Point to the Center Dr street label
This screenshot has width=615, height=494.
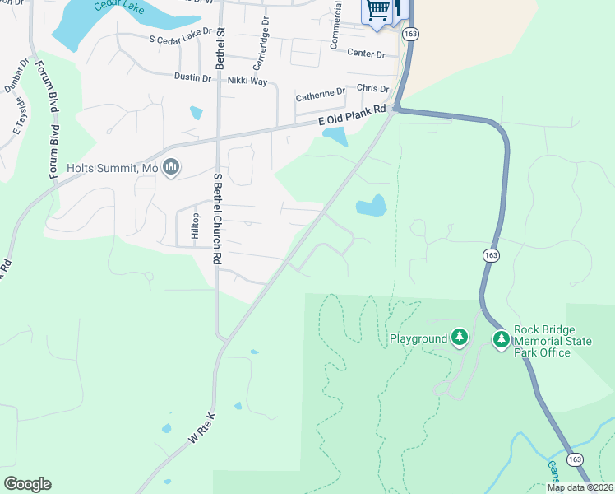pyautogui.click(x=366, y=54)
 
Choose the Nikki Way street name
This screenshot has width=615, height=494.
pyautogui.click(x=247, y=81)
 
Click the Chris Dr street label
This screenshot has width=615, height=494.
pyautogui.click(x=372, y=88)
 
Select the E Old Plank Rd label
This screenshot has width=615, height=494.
pyautogui.click(x=352, y=115)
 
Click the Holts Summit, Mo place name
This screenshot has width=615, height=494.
pyautogui.click(x=112, y=168)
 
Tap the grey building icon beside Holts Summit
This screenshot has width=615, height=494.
pyautogui.click(x=171, y=168)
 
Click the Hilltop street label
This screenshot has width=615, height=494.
pyautogui.click(x=195, y=226)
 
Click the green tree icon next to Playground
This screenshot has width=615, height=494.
pyautogui.click(x=459, y=338)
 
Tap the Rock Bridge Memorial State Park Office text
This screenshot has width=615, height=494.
pyautogui.click(x=543, y=341)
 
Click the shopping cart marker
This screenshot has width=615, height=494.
pyautogui.click(x=377, y=11)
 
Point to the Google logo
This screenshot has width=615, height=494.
pyautogui.click(x=27, y=484)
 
